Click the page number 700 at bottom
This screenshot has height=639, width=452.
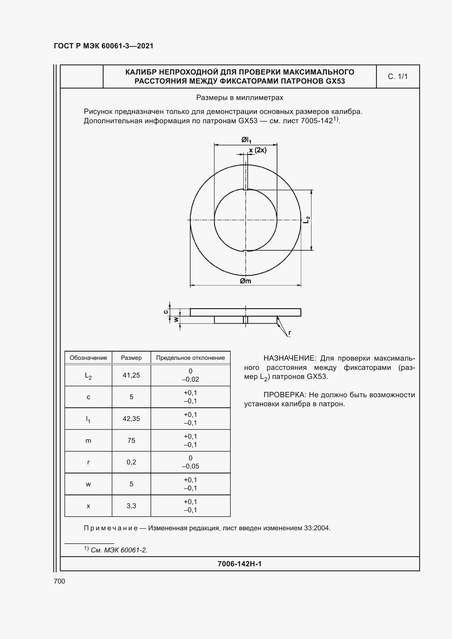tap(59, 581)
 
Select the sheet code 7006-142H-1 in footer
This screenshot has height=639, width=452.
tap(239, 564)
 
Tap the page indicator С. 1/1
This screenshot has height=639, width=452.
tap(397, 76)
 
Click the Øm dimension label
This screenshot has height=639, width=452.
tap(245, 281)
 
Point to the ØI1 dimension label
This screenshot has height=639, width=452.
tap(246, 140)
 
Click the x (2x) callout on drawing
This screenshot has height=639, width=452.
tap(258, 150)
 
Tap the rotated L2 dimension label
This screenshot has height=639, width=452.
tap(307, 220)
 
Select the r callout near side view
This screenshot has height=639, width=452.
tap(290, 332)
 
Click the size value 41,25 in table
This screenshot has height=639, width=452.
tap(131, 375)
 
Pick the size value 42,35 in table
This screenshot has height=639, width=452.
tap(131, 419)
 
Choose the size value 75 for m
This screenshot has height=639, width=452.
tap(131, 440)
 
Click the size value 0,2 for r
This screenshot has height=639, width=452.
tap(131, 462)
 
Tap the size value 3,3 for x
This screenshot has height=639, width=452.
tap(131, 506)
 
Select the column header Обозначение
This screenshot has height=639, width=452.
tap(88, 358)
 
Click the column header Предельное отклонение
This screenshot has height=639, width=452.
tap(190, 358)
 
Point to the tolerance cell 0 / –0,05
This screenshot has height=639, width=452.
tap(190, 462)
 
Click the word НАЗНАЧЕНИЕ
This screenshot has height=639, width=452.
tap(290, 358)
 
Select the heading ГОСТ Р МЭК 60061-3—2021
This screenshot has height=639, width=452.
tap(104, 46)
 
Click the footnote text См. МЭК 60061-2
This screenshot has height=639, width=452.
tap(119, 550)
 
